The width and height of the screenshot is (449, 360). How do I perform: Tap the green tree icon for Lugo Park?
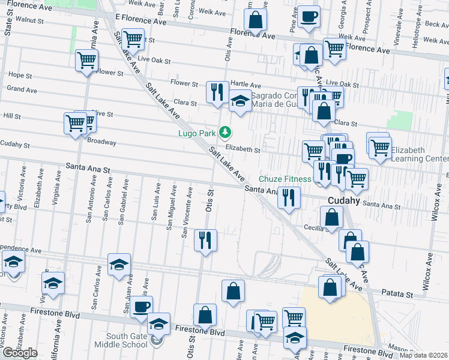(x=225, y=131)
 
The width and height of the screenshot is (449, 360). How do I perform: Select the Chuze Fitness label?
(x=285, y=179)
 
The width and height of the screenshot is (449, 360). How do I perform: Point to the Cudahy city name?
(x=343, y=201)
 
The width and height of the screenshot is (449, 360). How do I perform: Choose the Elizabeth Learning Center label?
(x=417, y=154)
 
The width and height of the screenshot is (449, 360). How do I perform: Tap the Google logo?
(x=20, y=353)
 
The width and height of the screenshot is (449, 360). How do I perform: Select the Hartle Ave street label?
(x=246, y=86)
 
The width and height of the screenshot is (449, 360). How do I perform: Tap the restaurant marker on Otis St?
(x=205, y=241)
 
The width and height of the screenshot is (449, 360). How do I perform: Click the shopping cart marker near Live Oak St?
(x=132, y=40)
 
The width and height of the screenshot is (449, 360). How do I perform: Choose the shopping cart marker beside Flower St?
(x=87, y=61)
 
